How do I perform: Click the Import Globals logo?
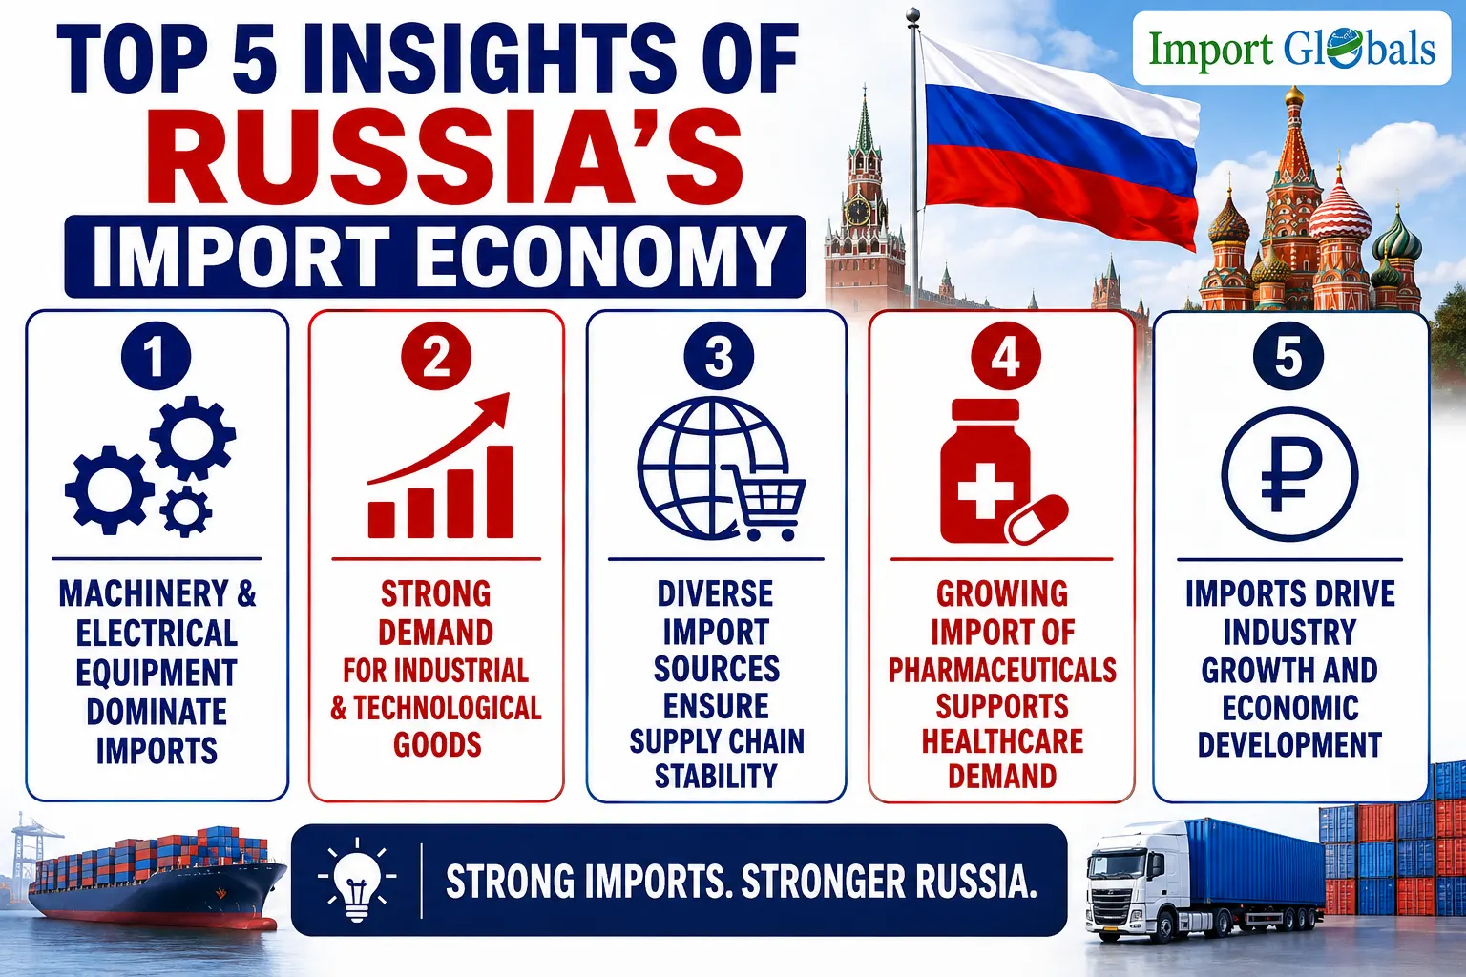[x=1291, y=49]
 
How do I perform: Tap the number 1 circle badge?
[x=156, y=356]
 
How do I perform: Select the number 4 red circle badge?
[x=1005, y=356]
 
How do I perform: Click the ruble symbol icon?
[x=1289, y=474]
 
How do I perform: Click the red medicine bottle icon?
[x=985, y=471]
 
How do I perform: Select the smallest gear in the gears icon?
[x=186, y=511]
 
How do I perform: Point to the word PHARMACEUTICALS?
[x=1002, y=670]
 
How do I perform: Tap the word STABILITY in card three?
[x=716, y=776]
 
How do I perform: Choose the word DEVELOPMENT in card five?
[x=1289, y=745]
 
